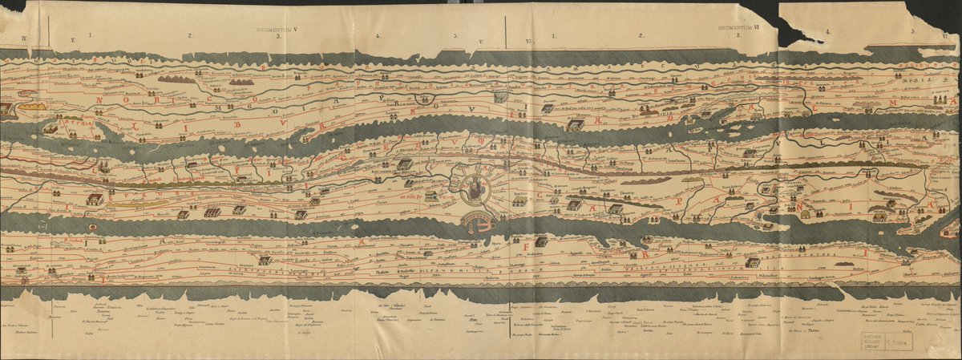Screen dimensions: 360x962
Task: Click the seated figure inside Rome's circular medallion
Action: click(475, 189)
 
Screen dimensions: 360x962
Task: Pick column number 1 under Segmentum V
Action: click(91, 35)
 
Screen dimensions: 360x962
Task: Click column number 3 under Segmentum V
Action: click(277, 37)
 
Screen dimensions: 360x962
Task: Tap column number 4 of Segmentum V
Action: click(378, 36)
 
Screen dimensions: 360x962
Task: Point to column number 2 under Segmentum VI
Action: click(641, 35)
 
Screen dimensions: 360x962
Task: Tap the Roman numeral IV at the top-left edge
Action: click(24, 38)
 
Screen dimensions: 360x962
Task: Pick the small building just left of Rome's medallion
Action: click(431, 196)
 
